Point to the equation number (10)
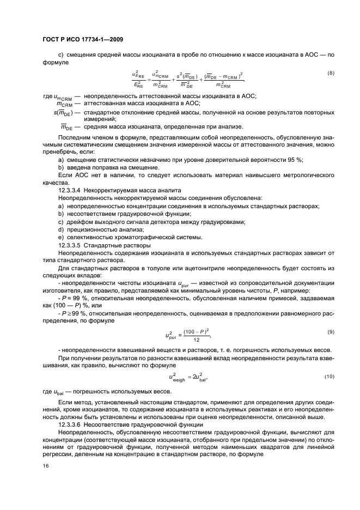point(329,377)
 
